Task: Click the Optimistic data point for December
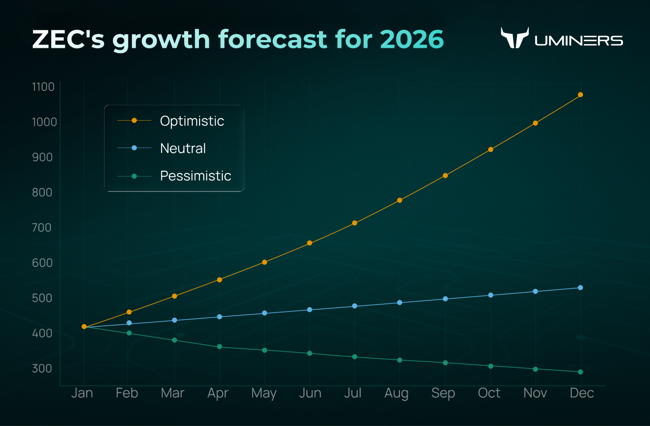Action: pos(580,95)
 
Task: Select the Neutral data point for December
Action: pos(580,287)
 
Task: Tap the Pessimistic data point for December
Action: pos(580,372)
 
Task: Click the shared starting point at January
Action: pos(84,326)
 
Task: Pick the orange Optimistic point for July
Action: pos(355,223)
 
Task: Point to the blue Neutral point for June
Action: pos(310,310)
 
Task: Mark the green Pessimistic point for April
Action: pos(219,347)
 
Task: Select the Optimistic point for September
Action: pos(445,176)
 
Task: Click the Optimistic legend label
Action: pos(192,121)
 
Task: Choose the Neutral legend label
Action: pos(183,148)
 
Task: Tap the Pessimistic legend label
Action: pos(195,176)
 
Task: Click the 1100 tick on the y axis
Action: pos(43,87)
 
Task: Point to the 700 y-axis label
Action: pos(42,228)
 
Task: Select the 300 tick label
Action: pos(42,368)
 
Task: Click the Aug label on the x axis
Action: pos(396,393)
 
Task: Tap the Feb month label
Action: pos(127,393)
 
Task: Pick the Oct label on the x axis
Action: pos(489,393)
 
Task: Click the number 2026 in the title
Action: pos(412,39)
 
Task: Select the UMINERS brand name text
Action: pos(579,41)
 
